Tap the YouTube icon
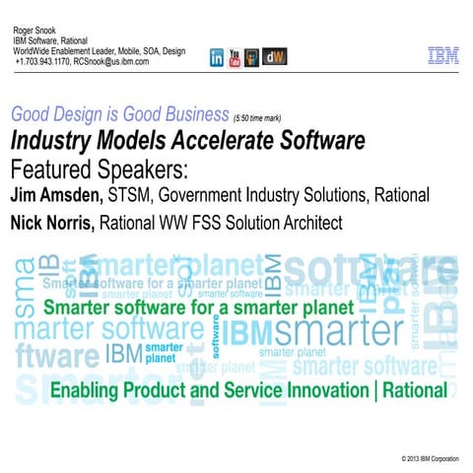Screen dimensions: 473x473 pos(235,58)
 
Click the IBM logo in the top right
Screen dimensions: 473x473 pos(442,56)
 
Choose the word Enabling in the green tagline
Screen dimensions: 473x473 pos(85,390)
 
